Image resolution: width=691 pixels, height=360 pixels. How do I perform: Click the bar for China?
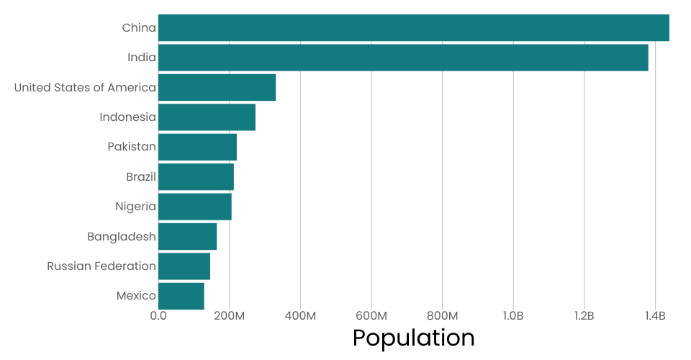pos(414,27)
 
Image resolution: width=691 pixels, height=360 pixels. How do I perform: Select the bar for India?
pos(403,58)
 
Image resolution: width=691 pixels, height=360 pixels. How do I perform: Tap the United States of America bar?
pos(217,87)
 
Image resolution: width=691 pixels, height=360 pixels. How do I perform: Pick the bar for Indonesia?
pos(207,117)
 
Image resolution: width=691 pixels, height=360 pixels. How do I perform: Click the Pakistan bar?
pos(197,147)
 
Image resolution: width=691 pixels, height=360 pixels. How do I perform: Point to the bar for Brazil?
pos(196,176)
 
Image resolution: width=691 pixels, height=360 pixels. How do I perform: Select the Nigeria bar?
pos(194,207)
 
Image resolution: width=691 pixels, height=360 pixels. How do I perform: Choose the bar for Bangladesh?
pos(187,236)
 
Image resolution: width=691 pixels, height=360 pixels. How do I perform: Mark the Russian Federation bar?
pos(184,266)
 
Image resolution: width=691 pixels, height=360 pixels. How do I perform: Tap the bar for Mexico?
pos(181,296)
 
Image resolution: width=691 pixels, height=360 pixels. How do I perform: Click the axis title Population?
pos(413,338)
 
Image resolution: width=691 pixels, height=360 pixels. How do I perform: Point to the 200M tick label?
pos(229,316)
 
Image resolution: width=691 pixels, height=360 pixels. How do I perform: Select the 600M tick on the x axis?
pos(371,316)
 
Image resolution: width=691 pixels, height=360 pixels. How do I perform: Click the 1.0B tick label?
pos(513,316)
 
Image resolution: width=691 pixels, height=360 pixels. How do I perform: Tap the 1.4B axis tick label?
pos(655,316)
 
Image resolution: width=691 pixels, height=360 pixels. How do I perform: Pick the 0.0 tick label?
pos(158,316)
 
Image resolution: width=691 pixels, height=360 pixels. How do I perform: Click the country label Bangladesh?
pos(122,237)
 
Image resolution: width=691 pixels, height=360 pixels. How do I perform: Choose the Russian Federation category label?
pos(101,266)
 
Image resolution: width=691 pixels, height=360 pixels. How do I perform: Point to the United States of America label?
pos(85,88)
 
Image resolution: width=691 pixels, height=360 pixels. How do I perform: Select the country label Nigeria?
pos(135,207)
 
